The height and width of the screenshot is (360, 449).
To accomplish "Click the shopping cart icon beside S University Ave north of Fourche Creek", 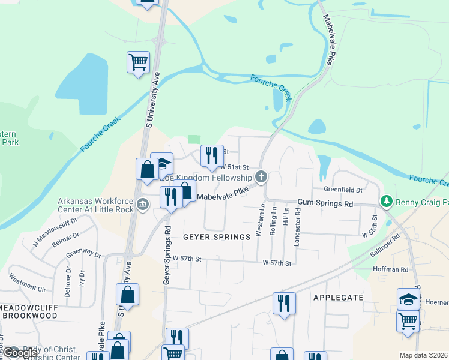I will pyautogui.click(x=138, y=62).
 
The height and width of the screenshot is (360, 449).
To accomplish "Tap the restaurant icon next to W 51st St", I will pyautogui.click(x=211, y=156).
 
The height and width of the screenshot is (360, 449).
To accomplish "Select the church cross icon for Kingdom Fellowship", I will pyautogui.click(x=261, y=177).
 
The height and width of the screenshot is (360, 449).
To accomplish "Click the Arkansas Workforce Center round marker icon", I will pyautogui.click(x=142, y=204).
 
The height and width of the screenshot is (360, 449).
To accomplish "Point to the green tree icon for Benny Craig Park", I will pyautogui.click(x=387, y=200).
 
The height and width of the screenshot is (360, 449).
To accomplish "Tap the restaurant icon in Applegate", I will pyautogui.click(x=284, y=303).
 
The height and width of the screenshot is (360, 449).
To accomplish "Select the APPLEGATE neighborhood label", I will pyautogui.click(x=339, y=297).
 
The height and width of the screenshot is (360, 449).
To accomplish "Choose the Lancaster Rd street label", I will pyautogui.click(x=297, y=227).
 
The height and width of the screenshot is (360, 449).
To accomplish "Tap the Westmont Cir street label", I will pyautogui.click(x=27, y=282).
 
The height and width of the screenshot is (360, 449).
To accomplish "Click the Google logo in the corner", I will pyautogui.click(x=22, y=353).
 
